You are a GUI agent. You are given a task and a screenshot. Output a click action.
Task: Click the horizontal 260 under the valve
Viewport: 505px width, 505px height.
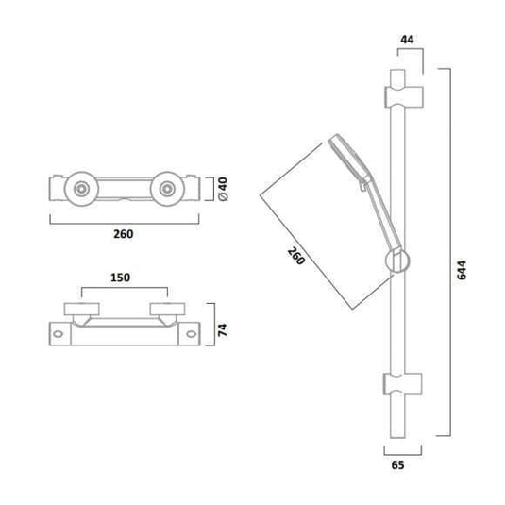[123, 234]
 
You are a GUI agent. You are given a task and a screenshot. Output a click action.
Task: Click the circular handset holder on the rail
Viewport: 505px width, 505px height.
[396, 263]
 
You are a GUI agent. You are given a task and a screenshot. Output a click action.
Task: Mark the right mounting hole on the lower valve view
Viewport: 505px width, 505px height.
[194, 332]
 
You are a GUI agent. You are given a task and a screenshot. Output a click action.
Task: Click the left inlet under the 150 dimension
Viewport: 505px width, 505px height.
[80, 310]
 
